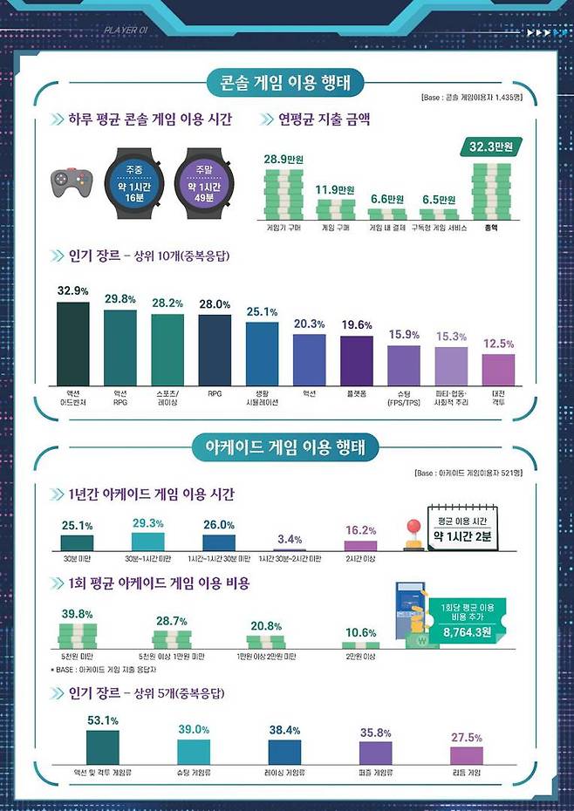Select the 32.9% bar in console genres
[x=73, y=343]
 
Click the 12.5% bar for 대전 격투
[x=498, y=369]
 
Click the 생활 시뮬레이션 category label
[x=262, y=397]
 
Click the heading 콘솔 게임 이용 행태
[x=286, y=84]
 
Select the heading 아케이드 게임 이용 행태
[x=286, y=447]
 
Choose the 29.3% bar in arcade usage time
[x=147, y=542]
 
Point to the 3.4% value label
[x=290, y=539]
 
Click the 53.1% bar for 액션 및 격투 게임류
[x=102, y=747]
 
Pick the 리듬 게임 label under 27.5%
[x=467, y=772]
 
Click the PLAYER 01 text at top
[x=124, y=29]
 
